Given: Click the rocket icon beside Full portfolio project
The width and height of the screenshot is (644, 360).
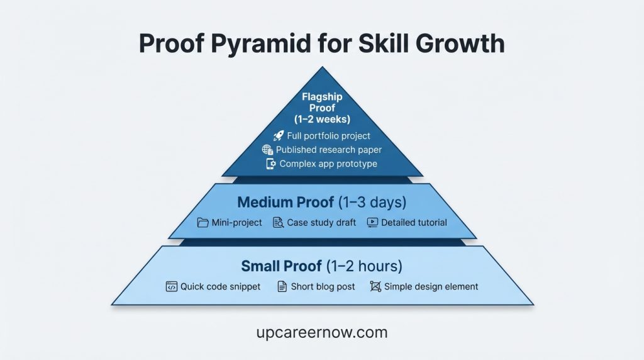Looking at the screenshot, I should [x=279, y=136].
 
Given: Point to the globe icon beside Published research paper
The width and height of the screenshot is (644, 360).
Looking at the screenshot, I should [x=267, y=150].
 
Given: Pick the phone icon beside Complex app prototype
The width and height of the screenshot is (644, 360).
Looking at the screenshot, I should [x=271, y=164].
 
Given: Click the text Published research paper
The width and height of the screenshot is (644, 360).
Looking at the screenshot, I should [x=329, y=150].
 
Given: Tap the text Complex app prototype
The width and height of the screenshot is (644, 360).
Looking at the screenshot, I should [x=328, y=164].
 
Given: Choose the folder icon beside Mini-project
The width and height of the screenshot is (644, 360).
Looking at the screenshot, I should [x=203, y=222].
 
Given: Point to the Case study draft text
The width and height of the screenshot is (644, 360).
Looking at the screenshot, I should [x=321, y=222].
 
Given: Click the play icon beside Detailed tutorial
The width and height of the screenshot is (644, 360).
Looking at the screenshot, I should [x=372, y=222].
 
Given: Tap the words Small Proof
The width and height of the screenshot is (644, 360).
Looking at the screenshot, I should [x=278, y=266].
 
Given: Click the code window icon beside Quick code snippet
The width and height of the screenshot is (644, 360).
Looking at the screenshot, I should [x=171, y=286].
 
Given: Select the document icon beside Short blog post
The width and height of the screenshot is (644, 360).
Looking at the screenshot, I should [x=282, y=286].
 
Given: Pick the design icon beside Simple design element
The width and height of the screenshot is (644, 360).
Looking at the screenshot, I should [x=375, y=286].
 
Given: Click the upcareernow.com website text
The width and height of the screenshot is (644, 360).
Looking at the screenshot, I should [x=322, y=332].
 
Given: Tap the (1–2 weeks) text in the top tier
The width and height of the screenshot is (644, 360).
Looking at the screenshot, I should [x=322, y=119].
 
